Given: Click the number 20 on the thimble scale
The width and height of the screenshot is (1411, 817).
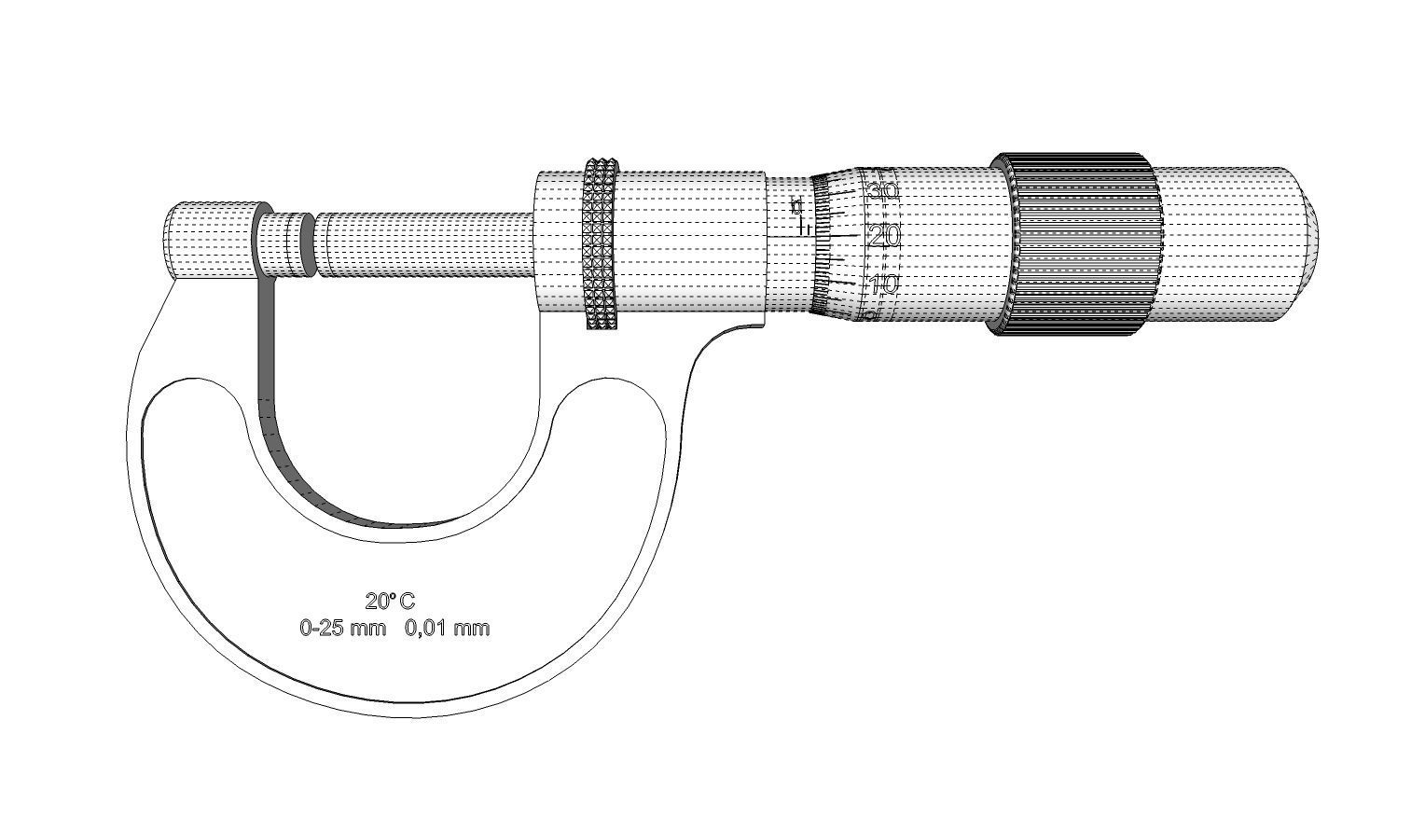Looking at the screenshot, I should point(883,236).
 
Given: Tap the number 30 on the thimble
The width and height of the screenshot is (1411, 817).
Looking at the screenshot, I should point(882,190).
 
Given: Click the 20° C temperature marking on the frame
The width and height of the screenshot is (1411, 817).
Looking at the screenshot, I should point(390,601).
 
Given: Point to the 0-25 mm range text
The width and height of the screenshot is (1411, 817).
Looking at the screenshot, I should point(342,628).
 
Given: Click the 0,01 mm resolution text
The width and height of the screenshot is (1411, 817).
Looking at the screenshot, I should point(447,628).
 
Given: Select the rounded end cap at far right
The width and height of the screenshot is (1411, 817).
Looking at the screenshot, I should point(1301,244).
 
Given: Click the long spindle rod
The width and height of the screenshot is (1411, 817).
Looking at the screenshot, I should point(424,244).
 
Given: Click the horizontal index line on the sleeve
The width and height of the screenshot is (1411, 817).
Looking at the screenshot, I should point(788,237).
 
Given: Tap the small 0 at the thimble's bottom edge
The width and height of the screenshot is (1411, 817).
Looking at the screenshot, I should point(869,317).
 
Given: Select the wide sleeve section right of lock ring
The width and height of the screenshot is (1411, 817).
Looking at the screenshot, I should point(690,244).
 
